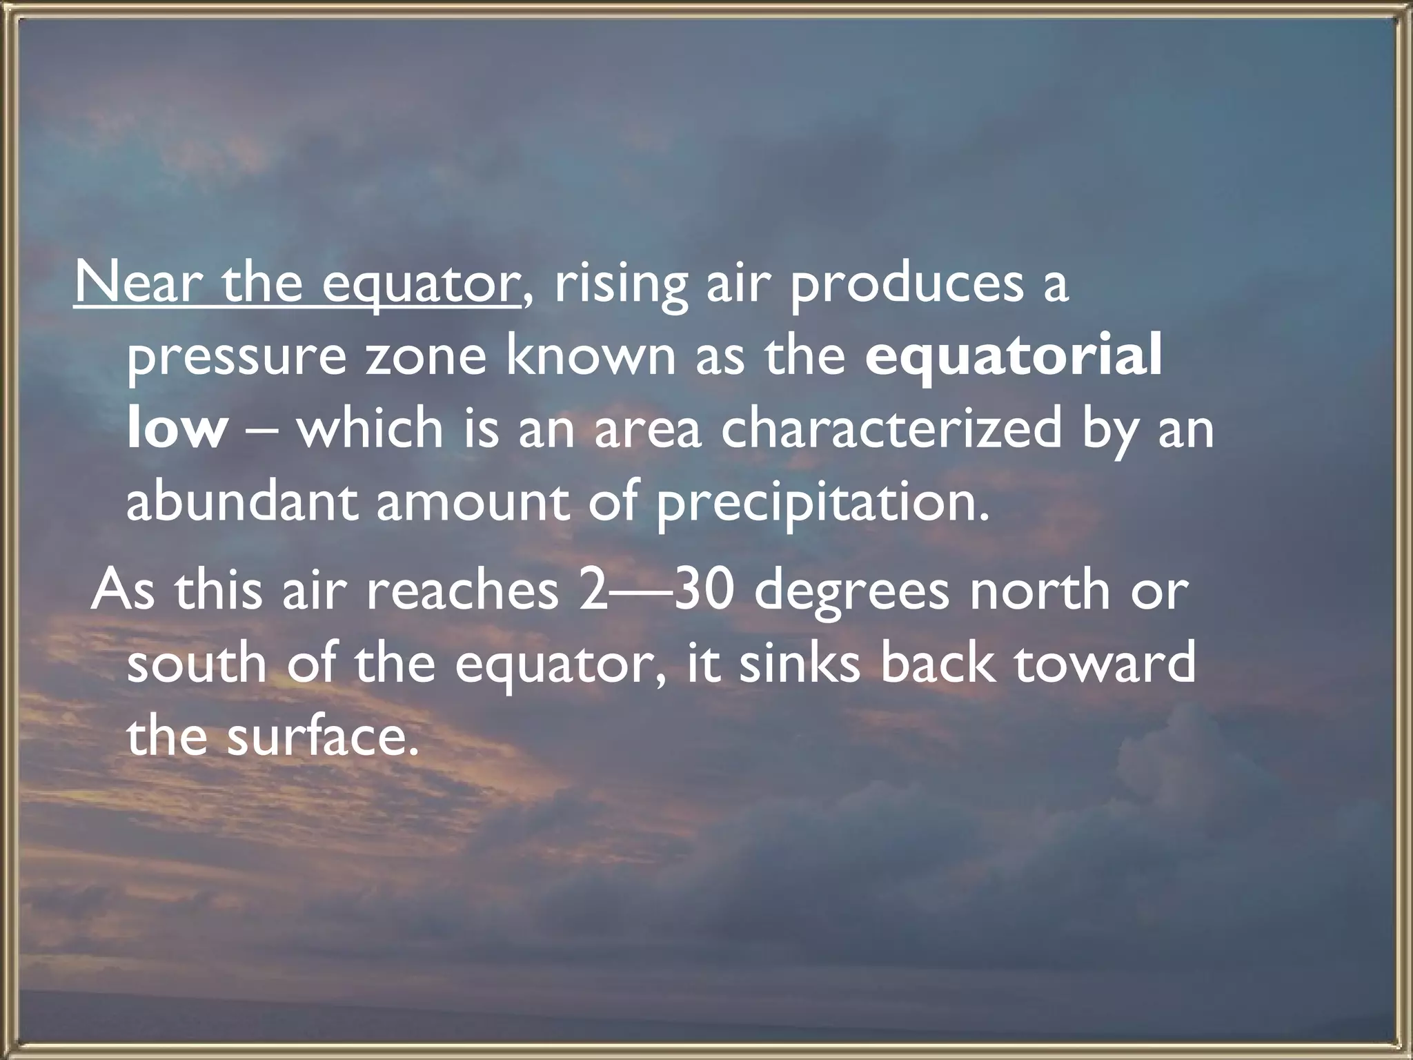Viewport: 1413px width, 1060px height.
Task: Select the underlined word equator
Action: pos(421,284)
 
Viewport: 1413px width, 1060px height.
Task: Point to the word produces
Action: pos(906,284)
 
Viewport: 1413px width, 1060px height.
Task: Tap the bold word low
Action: pos(177,429)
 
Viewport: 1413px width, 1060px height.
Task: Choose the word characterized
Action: pos(891,429)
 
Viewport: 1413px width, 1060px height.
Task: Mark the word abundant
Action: pos(242,502)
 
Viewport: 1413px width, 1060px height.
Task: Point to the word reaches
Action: pos(462,591)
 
